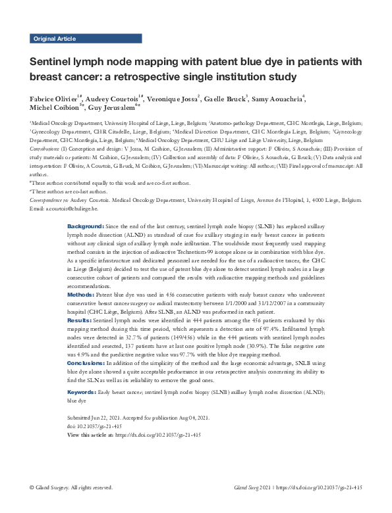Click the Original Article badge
click(x=54, y=39)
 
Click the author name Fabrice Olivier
click(x=53, y=99)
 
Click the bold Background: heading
click(x=85, y=226)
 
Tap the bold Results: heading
click(x=80, y=319)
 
